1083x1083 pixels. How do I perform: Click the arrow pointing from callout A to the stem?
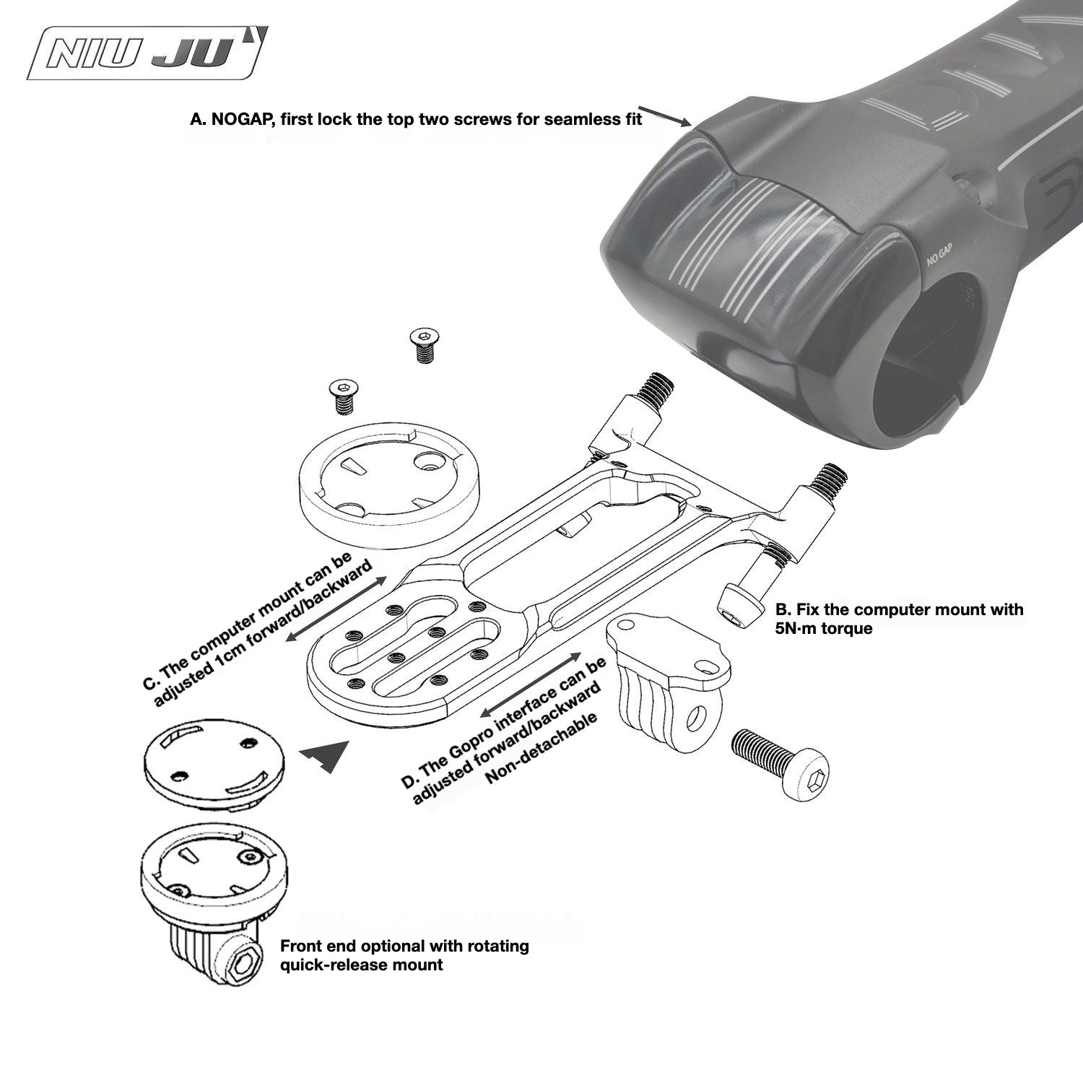click(x=664, y=116)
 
